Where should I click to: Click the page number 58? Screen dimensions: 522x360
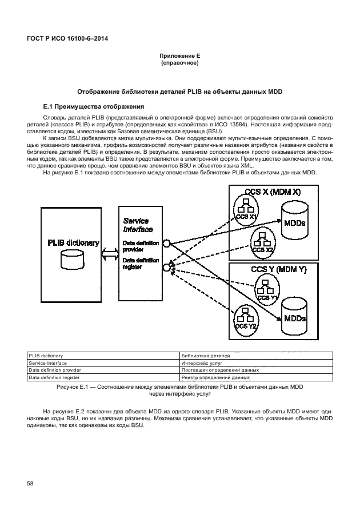click(x=31, y=484)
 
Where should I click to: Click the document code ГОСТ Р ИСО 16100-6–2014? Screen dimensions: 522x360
click(x=67, y=38)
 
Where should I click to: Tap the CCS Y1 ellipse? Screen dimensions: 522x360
click(x=266, y=290)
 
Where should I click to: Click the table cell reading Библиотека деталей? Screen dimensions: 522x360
click(x=205, y=356)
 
